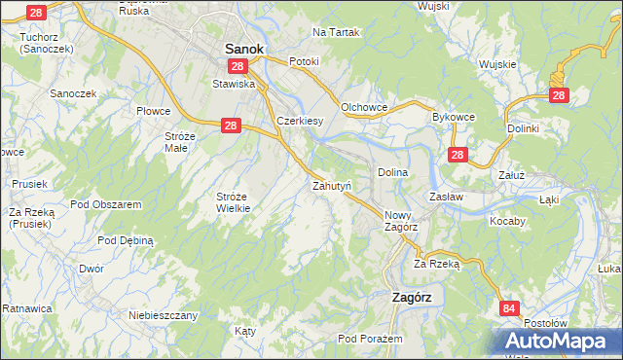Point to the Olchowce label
pos(365,106)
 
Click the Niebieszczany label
pos(164,315)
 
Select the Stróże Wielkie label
pos(233,201)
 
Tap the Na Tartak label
pos(336,32)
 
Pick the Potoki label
pos(304,60)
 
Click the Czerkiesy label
pos(300,121)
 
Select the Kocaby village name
pos(506,221)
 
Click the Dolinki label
pos(523,127)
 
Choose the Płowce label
pos(154,112)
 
